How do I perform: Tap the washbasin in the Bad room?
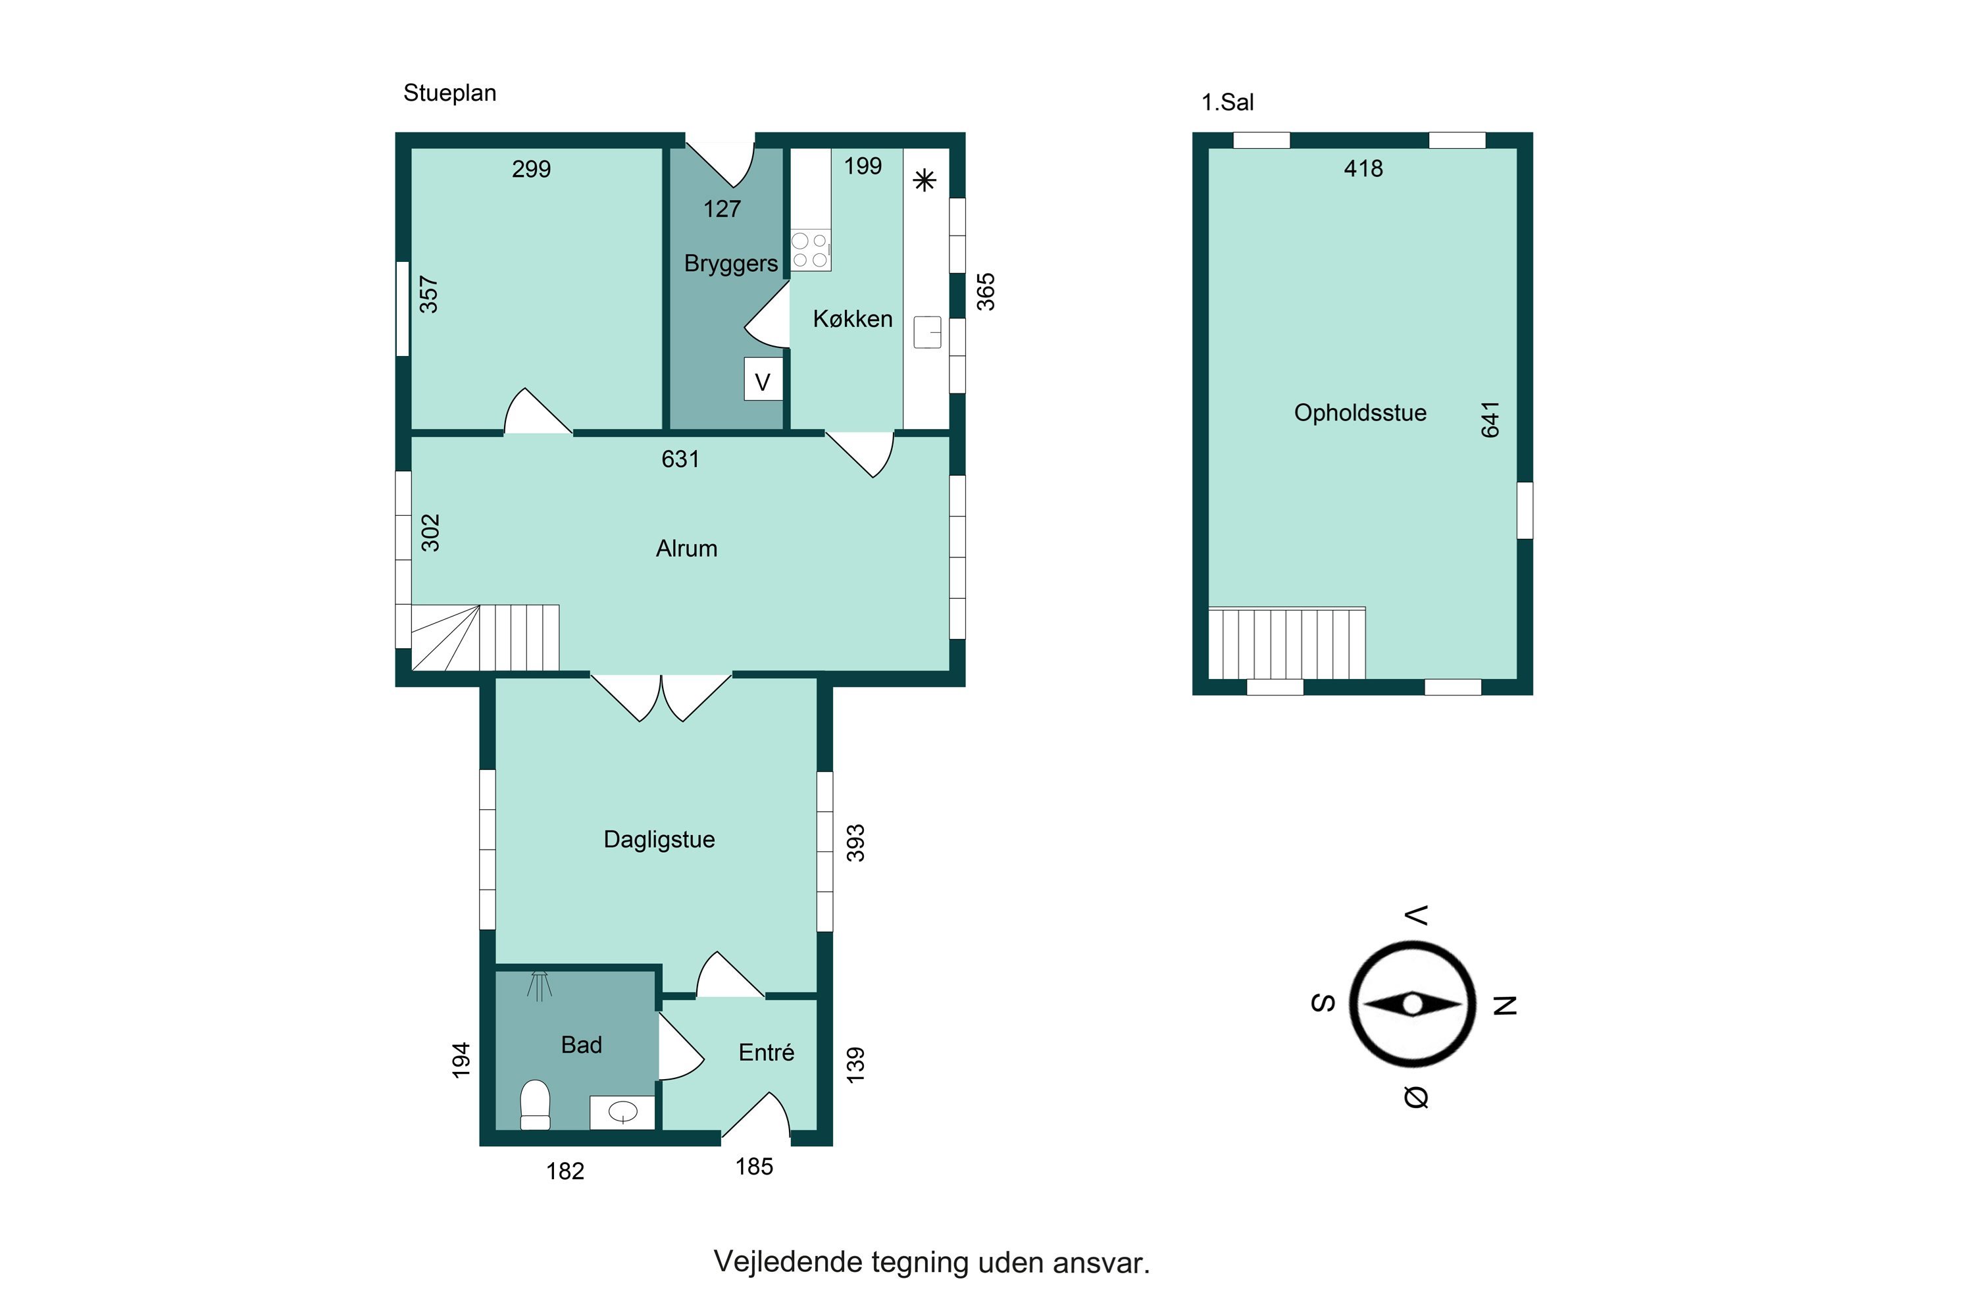(x=622, y=1112)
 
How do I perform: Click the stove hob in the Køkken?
(x=810, y=250)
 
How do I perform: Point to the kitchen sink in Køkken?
(x=927, y=332)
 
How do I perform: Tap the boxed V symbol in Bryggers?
(x=763, y=380)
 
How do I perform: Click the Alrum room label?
(x=686, y=549)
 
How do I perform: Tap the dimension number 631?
(x=680, y=459)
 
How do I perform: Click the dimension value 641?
(x=1490, y=420)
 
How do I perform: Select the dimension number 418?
(x=1363, y=168)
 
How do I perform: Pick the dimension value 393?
(x=855, y=844)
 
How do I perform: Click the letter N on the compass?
(x=1505, y=1005)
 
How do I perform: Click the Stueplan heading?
(x=450, y=93)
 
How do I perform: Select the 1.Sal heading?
(x=1227, y=103)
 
